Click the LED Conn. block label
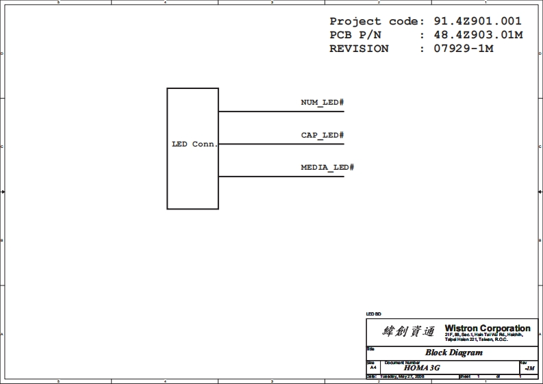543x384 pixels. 194,144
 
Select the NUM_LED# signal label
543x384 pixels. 322,103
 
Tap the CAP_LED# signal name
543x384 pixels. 322,135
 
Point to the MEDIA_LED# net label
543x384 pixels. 327,167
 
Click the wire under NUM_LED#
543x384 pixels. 281,112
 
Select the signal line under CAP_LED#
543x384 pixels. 281,144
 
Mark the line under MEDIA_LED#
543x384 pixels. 281,177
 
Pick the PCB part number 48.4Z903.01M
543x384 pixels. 478,35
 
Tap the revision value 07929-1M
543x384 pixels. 464,49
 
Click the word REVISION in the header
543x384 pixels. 359,49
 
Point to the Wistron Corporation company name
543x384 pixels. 488,329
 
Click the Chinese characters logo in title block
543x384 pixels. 408,332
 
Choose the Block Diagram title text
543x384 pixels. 454,353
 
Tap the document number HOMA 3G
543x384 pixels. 422,368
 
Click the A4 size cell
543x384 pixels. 372,368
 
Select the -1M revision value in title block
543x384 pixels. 529,368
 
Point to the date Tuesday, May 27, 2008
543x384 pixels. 402,376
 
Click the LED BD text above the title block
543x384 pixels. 374,313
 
